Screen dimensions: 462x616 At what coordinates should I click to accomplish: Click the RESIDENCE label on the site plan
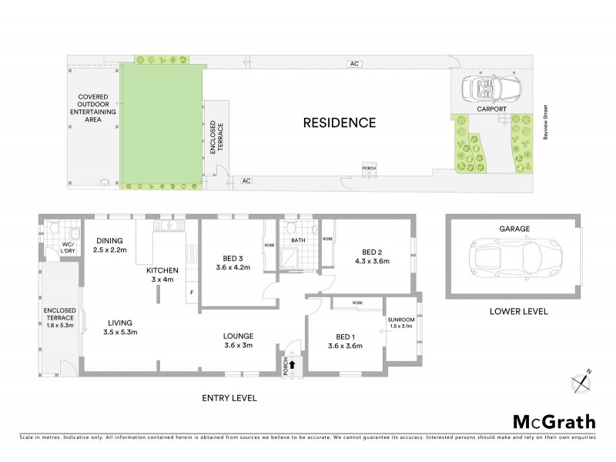[x=339, y=122]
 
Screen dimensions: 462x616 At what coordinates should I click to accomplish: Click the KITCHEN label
[x=163, y=270]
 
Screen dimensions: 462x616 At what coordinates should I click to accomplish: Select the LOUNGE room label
[x=238, y=336]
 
